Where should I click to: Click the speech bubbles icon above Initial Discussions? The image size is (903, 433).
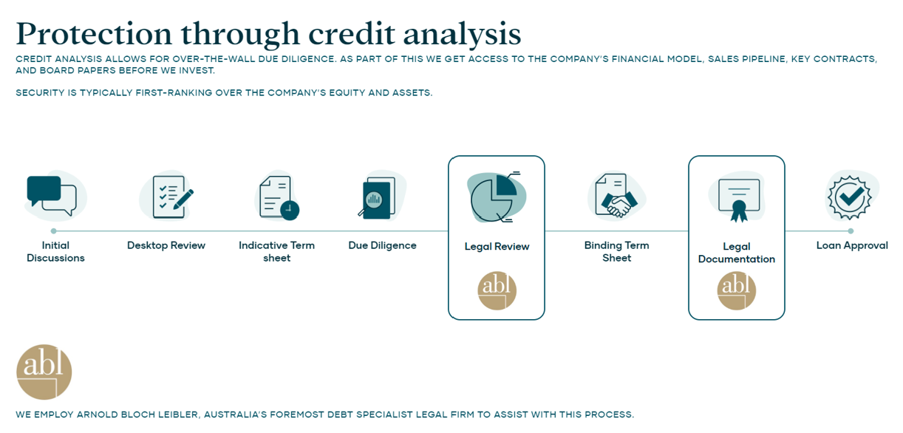[52, 196]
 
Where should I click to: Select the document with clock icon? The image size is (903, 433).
[279, 197]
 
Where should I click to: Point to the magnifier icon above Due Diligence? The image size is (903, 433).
[377, 198]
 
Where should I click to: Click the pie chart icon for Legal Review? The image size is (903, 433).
[495, 197]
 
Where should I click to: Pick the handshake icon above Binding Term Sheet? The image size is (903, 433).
[616, 196]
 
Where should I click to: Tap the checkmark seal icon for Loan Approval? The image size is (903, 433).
[850, 197]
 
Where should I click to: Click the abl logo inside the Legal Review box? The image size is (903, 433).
[497, 290]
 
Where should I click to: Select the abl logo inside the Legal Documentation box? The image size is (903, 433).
[737, 290]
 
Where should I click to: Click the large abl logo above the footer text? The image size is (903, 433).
[44, 372]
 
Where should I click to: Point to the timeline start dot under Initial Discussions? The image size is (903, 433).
[54, 231]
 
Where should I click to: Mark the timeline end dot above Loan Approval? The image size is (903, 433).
[851, 231]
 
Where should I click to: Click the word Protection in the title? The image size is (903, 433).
[94, 34]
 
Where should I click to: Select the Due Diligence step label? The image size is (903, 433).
[382, 245]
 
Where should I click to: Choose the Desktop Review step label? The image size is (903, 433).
[166, 245]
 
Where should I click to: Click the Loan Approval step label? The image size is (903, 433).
[852, 245]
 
